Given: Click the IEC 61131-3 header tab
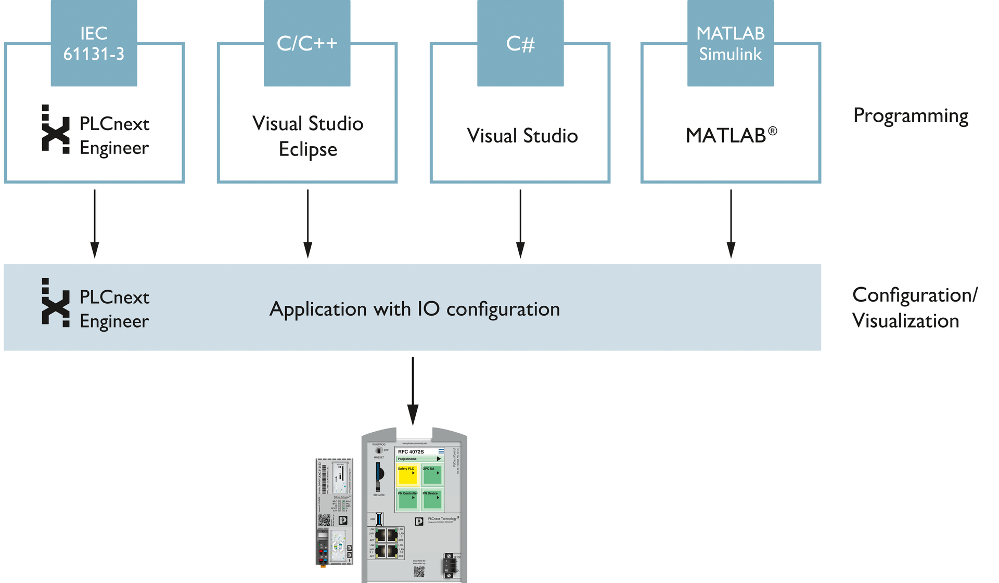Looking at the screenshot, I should click(94, 44).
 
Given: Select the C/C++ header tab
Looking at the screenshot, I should click(307, 44).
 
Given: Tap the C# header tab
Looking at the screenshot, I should click(520, 44).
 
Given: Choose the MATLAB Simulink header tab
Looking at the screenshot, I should click(730, 44).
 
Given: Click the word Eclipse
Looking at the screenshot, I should click(308, 150).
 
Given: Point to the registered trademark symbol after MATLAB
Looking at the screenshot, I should click(773, 131).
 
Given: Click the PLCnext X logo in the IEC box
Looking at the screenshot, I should click(55, 129).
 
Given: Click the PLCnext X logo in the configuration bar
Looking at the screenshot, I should click(55, 303).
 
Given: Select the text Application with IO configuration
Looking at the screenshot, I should click(415, 309).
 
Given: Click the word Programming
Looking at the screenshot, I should click(911, 115).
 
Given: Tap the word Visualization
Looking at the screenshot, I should click(905, 321).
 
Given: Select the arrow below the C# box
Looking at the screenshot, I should click(520, 224).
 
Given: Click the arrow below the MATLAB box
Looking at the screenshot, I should click(731, 224).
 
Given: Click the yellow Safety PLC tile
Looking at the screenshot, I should click(407, 475).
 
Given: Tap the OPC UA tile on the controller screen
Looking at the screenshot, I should click(431, 475).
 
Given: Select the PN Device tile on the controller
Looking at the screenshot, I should click(431, 499).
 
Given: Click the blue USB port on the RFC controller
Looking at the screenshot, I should click(379, 519).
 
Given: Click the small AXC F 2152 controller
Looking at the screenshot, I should click(334, 512).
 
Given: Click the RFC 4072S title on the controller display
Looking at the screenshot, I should click(411, 451).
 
